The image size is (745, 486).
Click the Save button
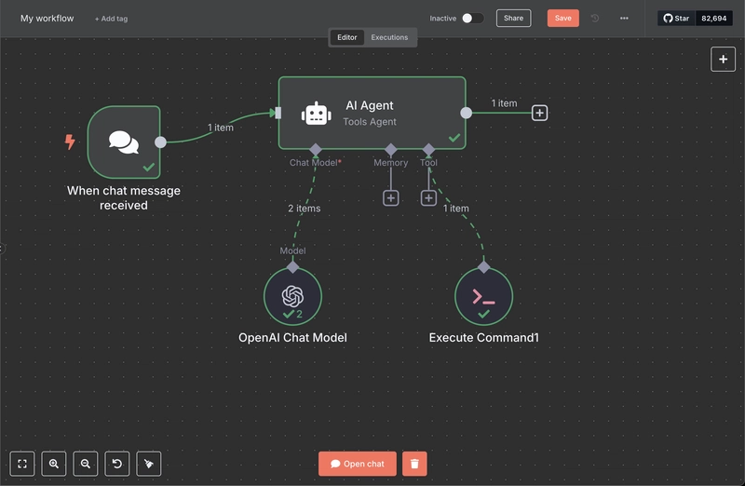(x=563, y=18)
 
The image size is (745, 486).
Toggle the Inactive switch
(x=473, y=18)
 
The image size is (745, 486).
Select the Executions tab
(x=389, y=37)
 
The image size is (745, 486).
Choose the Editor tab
(x=346, y=37)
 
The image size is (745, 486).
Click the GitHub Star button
(x=677, y=18)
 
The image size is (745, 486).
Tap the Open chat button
(x=358, y=464)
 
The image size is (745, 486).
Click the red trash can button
(x=414, y=464)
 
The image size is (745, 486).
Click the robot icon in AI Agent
(x=317, y=114)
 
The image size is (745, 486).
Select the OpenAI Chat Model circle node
(x=292, y=296)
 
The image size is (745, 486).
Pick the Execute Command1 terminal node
(x=483, y=296)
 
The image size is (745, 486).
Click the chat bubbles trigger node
(x=124, y=142)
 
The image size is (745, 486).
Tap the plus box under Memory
(x=390, y=198)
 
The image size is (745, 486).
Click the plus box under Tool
(x=428, y=198)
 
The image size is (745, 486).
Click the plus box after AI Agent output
(x=540, y=113)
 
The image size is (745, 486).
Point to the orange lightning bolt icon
(x=70, y=142)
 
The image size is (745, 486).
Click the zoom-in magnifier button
(x=54, y=464)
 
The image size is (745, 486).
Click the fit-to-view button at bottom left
(x=21, y=464)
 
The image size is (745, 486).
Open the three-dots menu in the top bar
(x=624, y=18)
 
